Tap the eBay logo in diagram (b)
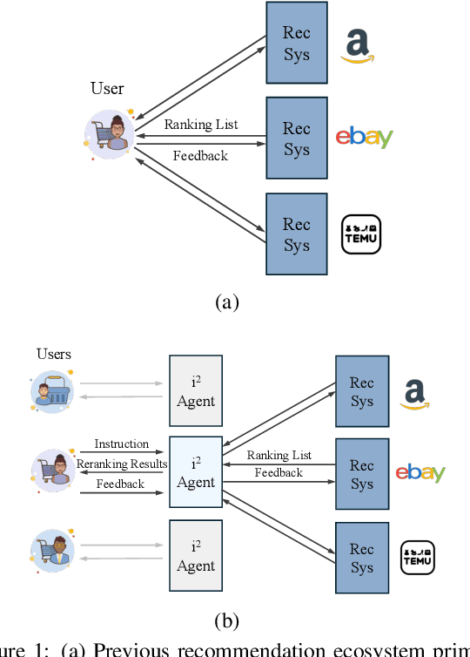[x=420, y=472]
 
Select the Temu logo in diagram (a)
[x=361, y=234]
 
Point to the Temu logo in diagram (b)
[x=417, y=558]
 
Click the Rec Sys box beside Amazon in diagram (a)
[x=296, y=44]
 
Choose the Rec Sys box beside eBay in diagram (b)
[x=361, y=474]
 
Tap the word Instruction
[x=122, y=444]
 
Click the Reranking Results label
[x=122, y=464]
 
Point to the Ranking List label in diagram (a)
[x=201, y=125]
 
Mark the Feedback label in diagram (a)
[x=200, y=156]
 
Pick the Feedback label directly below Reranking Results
[x=120, y=484]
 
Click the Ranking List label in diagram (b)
[x=279, y=456]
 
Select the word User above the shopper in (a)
[x=107, y=89]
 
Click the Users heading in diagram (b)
[x=53, y=354]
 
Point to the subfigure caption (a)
[x=226, y=302]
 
